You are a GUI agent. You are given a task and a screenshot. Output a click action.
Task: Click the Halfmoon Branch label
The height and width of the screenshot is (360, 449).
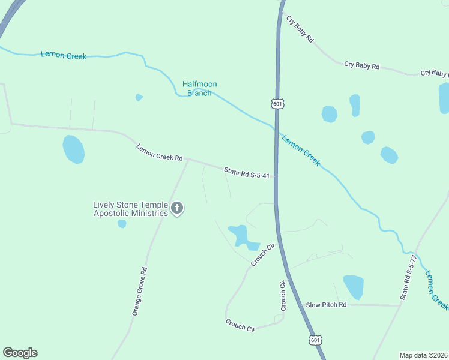coord(200,89)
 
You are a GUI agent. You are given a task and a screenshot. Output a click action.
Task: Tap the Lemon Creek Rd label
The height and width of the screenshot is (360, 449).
coord(159,152)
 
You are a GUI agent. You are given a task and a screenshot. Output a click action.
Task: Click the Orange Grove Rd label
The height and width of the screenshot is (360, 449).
coord(139,292)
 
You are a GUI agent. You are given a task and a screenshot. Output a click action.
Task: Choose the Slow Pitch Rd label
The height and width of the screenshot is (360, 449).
coord(327,305)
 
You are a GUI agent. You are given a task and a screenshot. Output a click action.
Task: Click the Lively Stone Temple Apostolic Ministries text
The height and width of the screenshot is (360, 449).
coord(130,209)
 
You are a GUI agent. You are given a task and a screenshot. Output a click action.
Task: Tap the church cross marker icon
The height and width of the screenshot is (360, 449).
coord(177,208)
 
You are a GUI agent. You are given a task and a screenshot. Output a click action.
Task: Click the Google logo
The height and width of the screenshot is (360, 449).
coord(20,353)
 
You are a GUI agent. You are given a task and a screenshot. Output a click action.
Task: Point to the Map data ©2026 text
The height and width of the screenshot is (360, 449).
coord(423,355)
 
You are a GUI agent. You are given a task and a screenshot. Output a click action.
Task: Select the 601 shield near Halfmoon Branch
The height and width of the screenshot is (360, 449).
coord(277,104)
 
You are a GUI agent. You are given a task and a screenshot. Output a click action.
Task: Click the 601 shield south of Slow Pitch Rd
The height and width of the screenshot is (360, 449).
coord(316,340)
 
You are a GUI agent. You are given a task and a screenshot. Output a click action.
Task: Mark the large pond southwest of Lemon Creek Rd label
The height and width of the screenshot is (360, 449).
coord(74,149)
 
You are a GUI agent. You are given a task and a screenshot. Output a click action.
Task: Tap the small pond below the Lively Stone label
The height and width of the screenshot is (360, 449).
coord(122,224)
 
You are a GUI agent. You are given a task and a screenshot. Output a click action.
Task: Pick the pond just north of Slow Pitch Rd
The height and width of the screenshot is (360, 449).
coord(353,287)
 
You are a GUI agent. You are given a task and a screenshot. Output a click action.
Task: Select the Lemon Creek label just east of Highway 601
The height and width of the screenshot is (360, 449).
coord(301,150)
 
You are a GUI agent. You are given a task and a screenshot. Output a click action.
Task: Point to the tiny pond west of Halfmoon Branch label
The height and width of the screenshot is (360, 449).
coord(139,97)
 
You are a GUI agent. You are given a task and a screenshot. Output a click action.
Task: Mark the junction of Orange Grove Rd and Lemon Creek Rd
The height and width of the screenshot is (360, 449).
coord(188,160)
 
